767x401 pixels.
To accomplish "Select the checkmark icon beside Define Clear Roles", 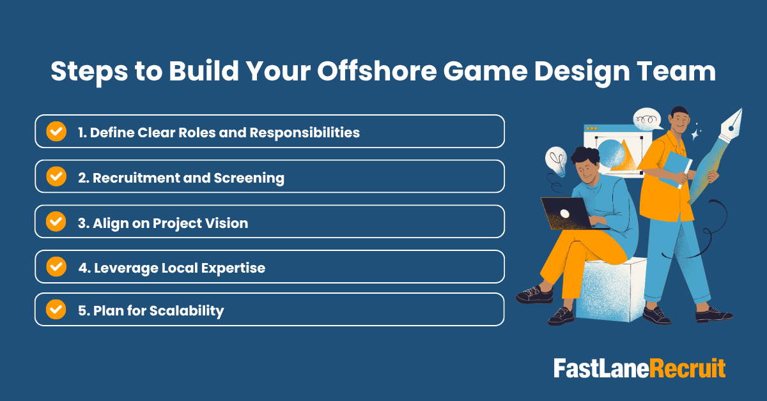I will click(x=56, y=132).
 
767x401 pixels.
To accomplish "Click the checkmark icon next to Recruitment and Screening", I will click(x=56, y=177).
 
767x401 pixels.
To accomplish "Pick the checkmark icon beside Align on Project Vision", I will click(x=56, y=222).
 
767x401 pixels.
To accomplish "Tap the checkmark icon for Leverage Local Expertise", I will click(x=56, y=267).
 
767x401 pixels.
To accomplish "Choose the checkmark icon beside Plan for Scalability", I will click(x=56, y=310).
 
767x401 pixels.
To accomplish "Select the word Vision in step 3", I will click(x=226, y=223).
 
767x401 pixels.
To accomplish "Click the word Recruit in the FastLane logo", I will click(x=688, y=369).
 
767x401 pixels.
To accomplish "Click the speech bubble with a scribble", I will click(x=647, y=119).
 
